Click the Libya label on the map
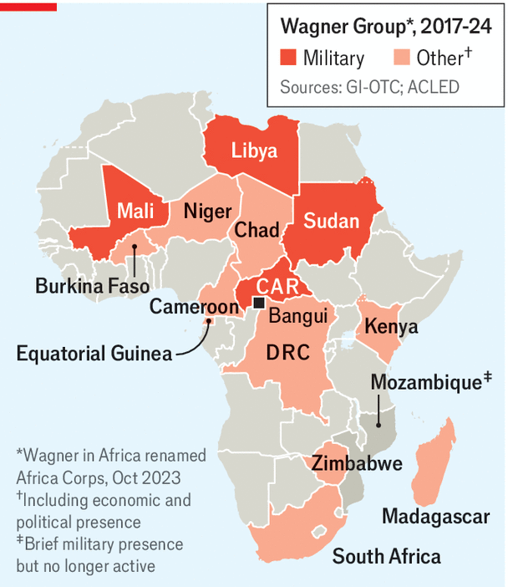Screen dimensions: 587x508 [254, 151]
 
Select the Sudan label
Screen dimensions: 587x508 [331, 221]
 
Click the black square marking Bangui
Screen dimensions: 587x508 [260, 302]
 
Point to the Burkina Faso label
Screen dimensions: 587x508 [92, 286]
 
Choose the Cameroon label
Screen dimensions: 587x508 [194, 307]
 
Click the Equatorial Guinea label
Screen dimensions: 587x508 [94, 353]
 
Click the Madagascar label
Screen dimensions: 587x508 [435, 516]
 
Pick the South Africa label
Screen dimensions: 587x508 [386, 555]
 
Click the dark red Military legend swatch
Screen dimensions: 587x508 [288, 58]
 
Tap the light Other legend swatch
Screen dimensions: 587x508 [401, 58]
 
